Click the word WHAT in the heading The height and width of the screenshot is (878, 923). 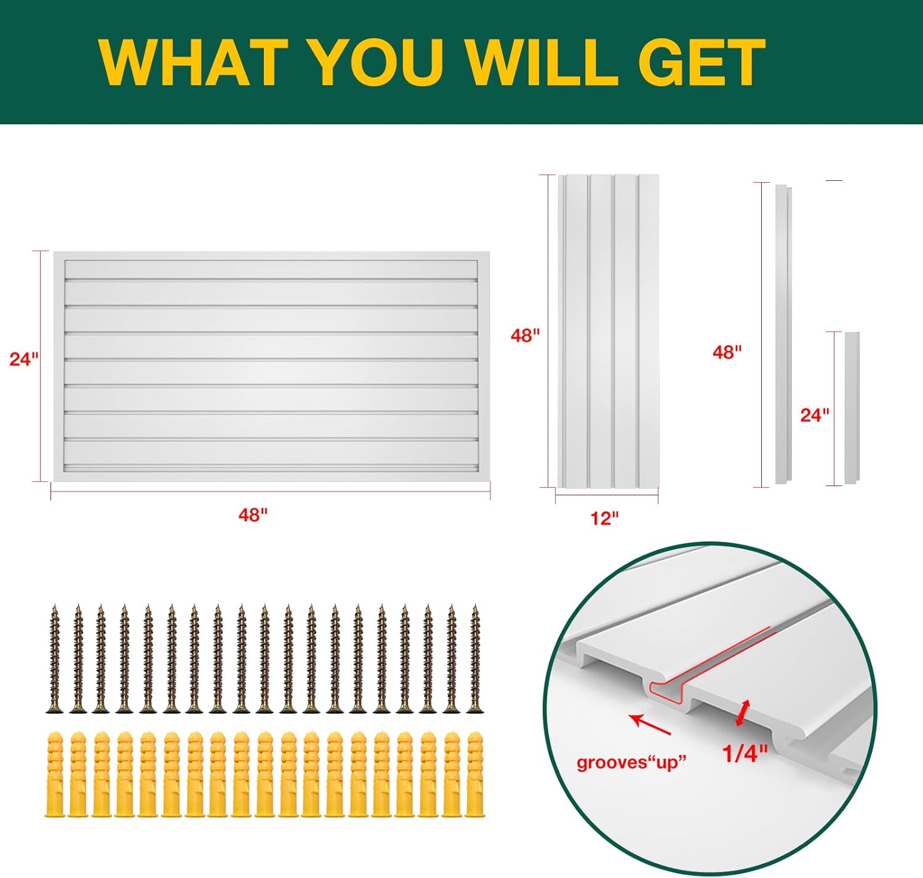(x=193, y=63)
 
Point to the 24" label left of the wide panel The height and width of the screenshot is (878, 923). (x=24, y=359)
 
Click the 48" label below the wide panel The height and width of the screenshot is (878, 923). (x=252, y=515)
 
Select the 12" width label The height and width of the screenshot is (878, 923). (x=604, y=518)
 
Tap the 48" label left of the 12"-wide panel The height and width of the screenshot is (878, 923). (x=525, y=335)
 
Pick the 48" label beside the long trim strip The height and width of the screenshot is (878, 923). (x=727, y=352)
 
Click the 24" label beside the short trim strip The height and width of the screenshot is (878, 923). (x=815, y=415)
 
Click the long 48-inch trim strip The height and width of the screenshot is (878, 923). (x=783, y=334)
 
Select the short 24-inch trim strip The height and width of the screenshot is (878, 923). (x=852, y=408)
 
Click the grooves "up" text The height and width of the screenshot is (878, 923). (x=631, y=764)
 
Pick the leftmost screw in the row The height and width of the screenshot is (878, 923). (x=55, y=659)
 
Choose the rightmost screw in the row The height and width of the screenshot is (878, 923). (x=475, y=659)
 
